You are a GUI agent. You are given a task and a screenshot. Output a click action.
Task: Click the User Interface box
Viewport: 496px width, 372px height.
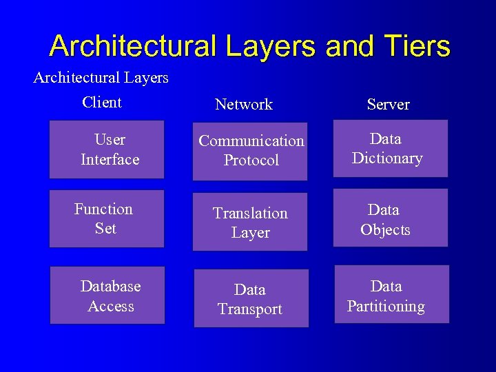(107, 149)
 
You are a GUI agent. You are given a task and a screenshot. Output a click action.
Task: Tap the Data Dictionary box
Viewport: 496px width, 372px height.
(390, 148)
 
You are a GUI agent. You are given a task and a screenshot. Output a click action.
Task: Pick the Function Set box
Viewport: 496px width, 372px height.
(107, 218)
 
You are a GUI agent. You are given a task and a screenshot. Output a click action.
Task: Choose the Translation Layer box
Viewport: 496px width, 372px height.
(250, 223)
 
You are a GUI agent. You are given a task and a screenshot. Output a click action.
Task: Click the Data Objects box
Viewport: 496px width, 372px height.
(390, 218)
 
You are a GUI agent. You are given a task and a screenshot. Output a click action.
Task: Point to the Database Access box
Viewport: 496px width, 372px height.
(107, 296)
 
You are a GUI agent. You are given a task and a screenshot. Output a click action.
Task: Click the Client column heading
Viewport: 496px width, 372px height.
(101, 103)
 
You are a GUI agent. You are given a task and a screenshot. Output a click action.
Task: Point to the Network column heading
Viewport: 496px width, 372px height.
(244, 105)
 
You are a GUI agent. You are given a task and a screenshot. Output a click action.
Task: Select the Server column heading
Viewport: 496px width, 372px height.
(388, 105)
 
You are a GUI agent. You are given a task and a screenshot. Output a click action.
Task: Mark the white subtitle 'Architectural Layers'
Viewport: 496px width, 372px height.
(101, 78)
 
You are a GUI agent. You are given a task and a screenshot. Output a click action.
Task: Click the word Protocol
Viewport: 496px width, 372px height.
(251, 161)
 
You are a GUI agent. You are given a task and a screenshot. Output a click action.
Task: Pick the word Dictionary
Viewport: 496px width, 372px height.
(387, 158)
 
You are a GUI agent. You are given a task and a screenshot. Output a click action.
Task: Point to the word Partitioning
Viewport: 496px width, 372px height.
(386, 307)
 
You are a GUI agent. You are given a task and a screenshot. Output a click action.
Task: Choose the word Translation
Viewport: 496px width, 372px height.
(250, 214)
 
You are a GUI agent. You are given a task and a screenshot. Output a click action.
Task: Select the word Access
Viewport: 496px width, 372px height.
(111, 306)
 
